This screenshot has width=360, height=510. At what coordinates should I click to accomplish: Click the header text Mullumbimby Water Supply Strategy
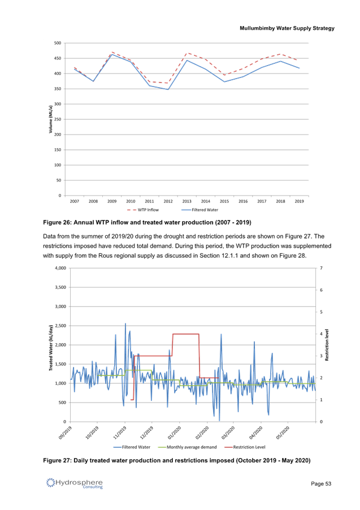pos(287,28)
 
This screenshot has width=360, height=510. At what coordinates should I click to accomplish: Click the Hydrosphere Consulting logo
pos(75,483)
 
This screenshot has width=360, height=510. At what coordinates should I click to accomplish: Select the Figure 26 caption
pos(147,222)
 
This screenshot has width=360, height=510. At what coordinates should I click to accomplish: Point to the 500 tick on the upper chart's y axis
pos(58,43)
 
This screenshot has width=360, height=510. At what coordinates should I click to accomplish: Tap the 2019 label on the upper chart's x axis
pos(298,201)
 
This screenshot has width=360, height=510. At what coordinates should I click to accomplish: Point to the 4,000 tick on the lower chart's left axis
pos(59,268)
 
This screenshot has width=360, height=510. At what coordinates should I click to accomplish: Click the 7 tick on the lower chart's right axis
pos(320,268)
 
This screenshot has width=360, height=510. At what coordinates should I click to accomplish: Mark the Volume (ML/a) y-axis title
pos(50,120)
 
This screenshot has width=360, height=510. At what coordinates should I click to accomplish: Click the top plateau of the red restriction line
pos(185,334)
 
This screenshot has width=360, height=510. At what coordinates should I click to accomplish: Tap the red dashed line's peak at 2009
pos(112,53)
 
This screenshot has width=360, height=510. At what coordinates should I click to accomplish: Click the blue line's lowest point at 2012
pos(168,89)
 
